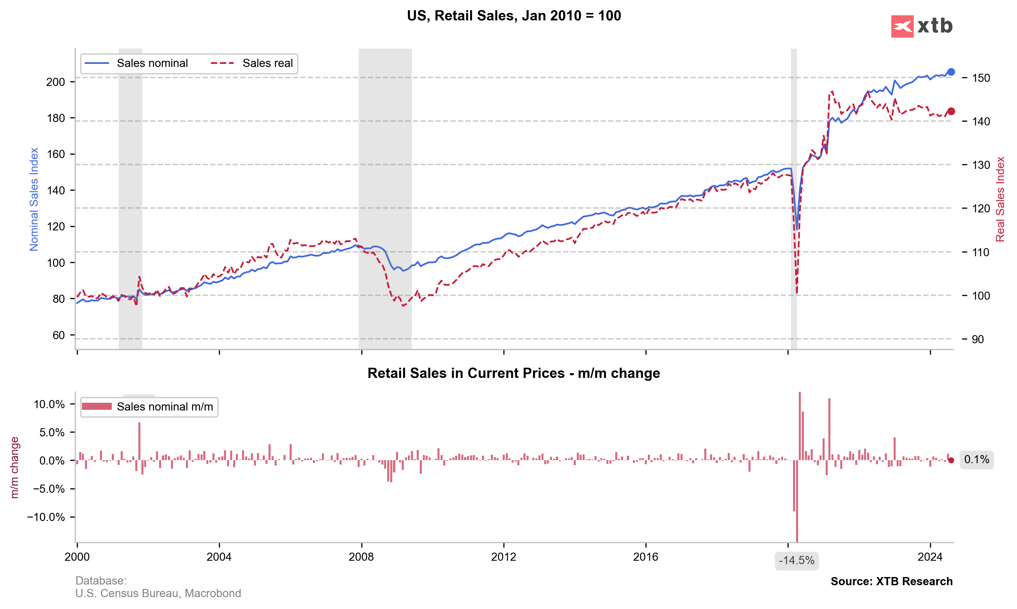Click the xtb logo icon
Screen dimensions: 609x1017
(x=902, y=26)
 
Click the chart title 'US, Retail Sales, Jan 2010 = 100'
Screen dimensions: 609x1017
(x=514, y=16)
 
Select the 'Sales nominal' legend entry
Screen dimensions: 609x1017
(x=152, y=63)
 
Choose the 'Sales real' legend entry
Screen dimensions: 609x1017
(x=267, y=63)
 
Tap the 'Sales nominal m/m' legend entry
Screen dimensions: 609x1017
(x=165, y=407)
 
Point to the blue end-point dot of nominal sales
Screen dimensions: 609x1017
(x=951, y=72)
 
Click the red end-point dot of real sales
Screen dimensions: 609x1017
(x=951, y=111)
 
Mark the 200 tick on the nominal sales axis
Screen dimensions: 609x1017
(x=55, y=82)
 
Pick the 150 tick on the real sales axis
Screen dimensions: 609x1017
(x=981, y=78)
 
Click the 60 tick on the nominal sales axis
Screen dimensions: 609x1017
(x=59, y=335)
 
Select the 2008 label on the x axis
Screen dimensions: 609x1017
(x=361, y=557)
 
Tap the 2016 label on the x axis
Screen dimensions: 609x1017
(x=645, y=557)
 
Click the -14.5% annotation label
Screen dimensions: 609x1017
(x=796, y=561)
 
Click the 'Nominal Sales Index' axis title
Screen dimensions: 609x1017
(x=34, y=199)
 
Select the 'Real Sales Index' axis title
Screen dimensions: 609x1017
(x=1000, y=199)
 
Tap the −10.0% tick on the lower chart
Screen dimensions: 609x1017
(x=46, y=517)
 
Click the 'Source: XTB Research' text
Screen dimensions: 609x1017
(x=892, y=581)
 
